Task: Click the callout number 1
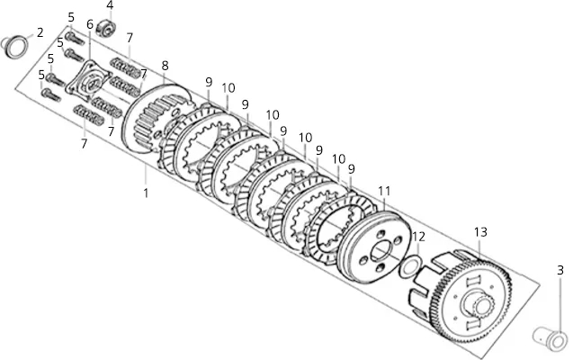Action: (146, 193)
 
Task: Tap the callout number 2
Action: (40, 32)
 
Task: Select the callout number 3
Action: (560, 270)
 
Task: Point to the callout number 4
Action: (110, 5)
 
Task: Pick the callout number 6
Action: (90, 24)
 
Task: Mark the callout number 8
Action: (165, 66)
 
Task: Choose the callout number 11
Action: (384, 191)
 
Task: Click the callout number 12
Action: (419, 237)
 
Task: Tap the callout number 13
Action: (480, 232)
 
